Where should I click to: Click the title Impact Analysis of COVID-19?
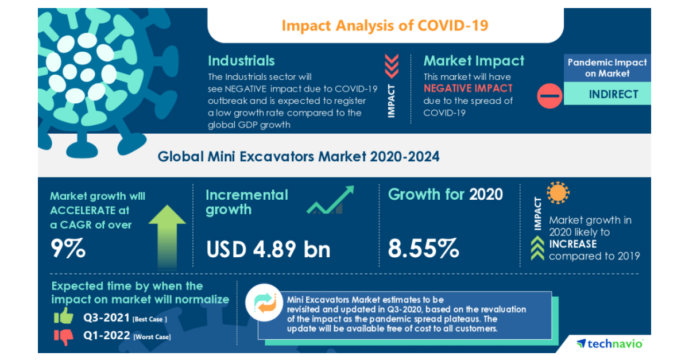pos(385,26)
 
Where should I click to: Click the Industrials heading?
pos(241,61)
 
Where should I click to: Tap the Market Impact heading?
pos(474,61)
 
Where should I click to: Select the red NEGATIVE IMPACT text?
pos(467,88)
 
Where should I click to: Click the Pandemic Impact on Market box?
pos(607,68)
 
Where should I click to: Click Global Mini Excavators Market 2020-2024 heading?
pos(299,156)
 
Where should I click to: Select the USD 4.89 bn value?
pos(268,249)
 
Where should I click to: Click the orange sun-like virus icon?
pos(558,193)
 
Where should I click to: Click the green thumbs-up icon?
pos(63,316)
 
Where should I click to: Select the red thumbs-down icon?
pos(63,336)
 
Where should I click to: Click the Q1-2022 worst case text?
pos(126,336)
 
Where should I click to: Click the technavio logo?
pos(610,344)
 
